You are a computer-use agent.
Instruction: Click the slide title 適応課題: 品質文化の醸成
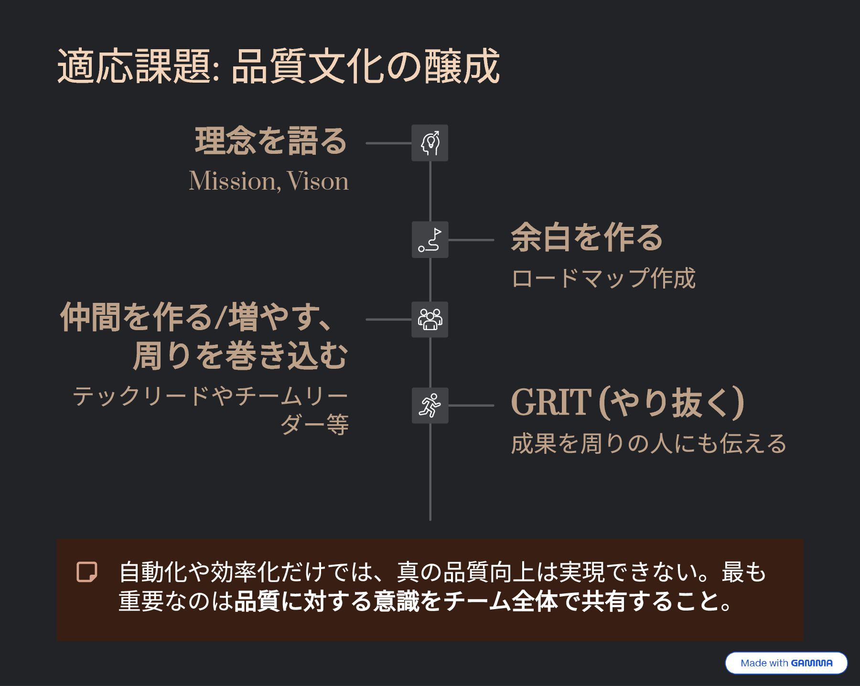(x=278, y=66)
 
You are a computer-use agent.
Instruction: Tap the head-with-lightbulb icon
(x=430, y=143)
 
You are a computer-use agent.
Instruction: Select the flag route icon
(x=430, y=240)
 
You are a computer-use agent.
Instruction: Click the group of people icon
(x=430, y=320)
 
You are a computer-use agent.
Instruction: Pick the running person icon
(x=430, y=406)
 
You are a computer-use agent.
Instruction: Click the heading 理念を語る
(x=271, y=141)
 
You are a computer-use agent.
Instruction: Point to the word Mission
(x=232, y=182)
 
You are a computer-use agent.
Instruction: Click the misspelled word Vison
(x=318, y=182)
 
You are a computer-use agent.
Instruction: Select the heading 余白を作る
(x=587, y=237)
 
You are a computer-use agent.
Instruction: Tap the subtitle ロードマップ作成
(x=603, y=279)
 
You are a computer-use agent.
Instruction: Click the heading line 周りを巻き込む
(x=240, y=356)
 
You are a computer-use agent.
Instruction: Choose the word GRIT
(x=551, y=403)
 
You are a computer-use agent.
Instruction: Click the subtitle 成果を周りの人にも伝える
(x=648, y=444)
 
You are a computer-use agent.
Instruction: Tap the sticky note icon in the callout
(x=87, y=572)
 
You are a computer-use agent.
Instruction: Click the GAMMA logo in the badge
(x=811, y=663)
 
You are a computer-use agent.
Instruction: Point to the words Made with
(x=764, y=663)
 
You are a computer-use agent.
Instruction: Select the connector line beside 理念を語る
(x=388, y=143)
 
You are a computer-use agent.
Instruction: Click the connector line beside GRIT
(x=471, y=406)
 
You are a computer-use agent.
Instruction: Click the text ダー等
(x=314, y=425)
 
